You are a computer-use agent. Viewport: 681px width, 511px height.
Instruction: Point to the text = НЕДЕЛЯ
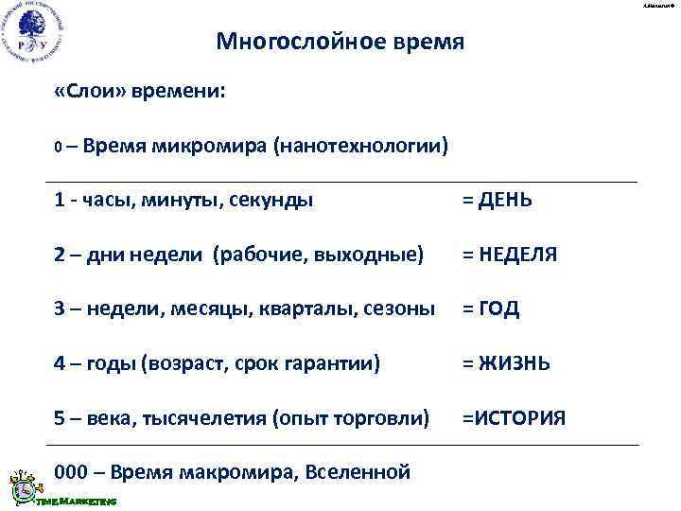[509, 255]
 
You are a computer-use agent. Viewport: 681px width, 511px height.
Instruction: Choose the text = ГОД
[491, 309]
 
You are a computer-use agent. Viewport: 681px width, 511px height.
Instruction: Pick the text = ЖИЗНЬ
[504, 363]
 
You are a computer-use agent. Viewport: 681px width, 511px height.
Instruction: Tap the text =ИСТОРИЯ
[514, 418]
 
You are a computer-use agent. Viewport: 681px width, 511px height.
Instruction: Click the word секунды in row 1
[280, 200]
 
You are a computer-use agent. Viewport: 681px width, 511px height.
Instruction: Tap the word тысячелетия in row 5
[203, 418]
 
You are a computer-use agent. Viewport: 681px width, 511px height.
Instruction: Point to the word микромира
[221, 147]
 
